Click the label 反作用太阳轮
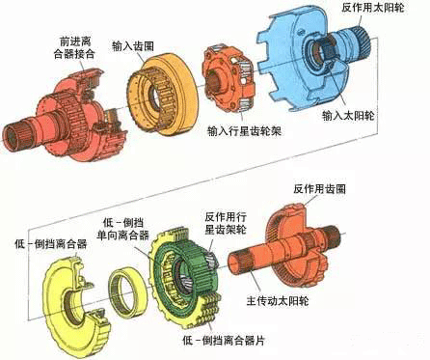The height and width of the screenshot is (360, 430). click(x=372, y=8)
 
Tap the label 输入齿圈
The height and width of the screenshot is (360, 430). click(x=133, y=46)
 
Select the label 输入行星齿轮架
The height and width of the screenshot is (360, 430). click(x=244, y=131)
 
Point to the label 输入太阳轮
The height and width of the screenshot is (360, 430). click(x=348, y=115)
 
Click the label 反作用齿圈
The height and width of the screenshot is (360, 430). click(x=319, y=188)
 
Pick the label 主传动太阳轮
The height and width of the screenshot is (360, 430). click(x=278, y=301)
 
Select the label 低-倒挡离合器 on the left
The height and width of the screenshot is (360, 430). click(x=51, y=243)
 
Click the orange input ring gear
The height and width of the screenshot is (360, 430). click(x=163, y=95)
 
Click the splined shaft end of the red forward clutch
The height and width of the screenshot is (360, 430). click(x=16, y=134)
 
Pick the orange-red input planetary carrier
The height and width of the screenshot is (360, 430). click(x=228, y=80)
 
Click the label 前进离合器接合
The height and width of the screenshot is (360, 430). click(x=74, y=47)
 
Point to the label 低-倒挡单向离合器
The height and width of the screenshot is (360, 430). click(x=122, y=230)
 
